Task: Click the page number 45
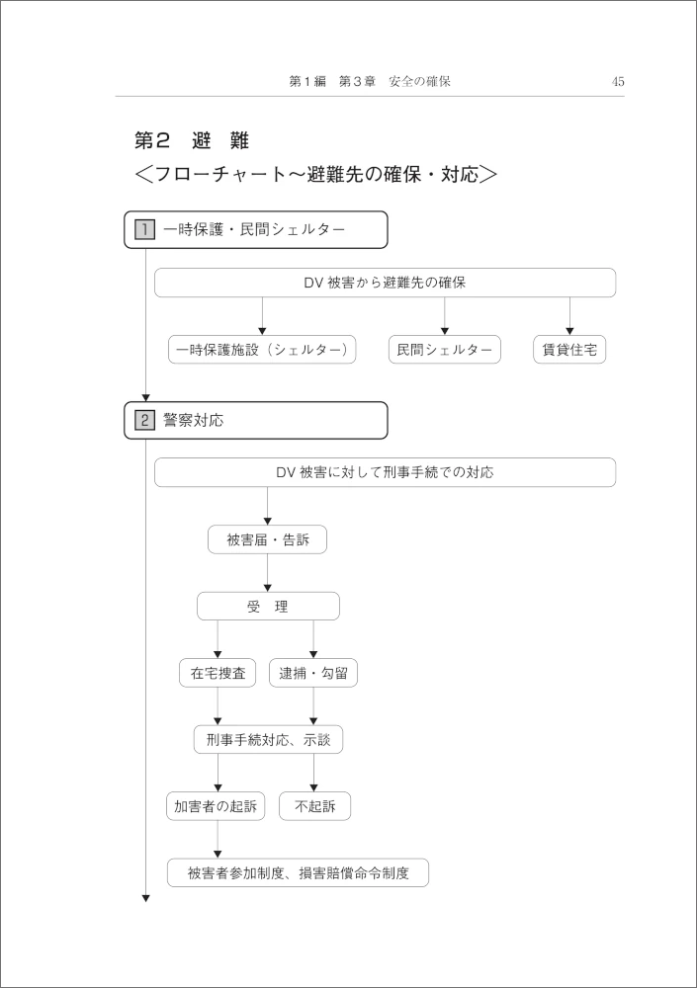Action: pyautogui.click(x=618, y=81)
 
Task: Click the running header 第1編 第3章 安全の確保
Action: pyautogui.click(x=370, y=81)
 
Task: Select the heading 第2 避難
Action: pyautogui.click(x=192, y=140)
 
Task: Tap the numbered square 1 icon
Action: pyautogui.click(x=144, y=229)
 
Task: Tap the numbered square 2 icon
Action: pyautogui.click(x=144, y=420)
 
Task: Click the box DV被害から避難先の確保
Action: pyautogui.click(x=385, y=283)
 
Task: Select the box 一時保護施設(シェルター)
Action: pyautogui.click(x=262, y=350)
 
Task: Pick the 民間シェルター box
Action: pyautogui.click(x=445, y=350)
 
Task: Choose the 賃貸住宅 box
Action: pyautogui.click(x=569, y=350)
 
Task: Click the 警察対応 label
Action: pyautogui.click(x=194, y=420)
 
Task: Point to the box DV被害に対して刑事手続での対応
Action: pyautogui.click(x=385, y=472)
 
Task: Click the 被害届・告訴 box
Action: pyautogui.click(x=268, y=539)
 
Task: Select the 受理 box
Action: pyautogui.click(x=268, y=607)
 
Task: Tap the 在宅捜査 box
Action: pyautogui.click(x=218, y=673)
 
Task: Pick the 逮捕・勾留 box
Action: pyautogui.click(x=313, y=673)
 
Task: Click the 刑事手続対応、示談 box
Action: pyautogui.click(x=268, y=740)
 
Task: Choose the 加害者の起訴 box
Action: pyautogui.click(x=216, y=806)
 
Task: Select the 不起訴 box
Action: pyautogui.click(x=314, y=806)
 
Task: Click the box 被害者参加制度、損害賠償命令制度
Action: pyautogui.click(x=298, y=872)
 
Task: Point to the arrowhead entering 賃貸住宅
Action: pyautogui.click(x=569, y=331)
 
